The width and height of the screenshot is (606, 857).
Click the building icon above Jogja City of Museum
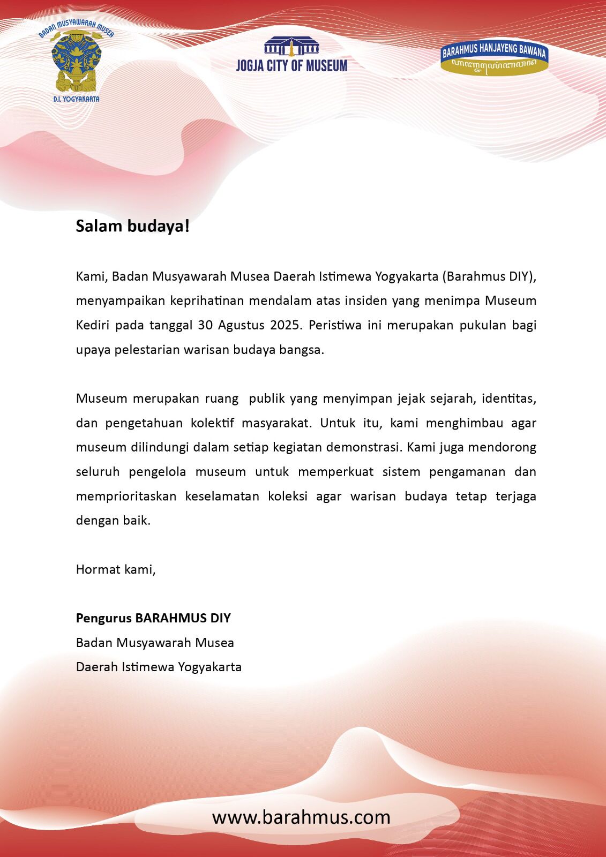(x=291, y=47)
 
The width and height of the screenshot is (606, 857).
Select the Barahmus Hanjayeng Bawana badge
(x=493, y=59)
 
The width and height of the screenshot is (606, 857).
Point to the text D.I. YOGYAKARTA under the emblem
(x=77, y=99)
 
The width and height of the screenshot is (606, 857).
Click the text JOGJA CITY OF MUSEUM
(x=291, y=66)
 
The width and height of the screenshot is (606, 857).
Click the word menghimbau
(x=465, y=423)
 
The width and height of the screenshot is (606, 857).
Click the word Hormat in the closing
(x=98, y=569)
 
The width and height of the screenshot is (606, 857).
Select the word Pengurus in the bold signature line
(x=103, y=618)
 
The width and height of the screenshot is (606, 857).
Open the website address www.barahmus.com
(x=301, y=817)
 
